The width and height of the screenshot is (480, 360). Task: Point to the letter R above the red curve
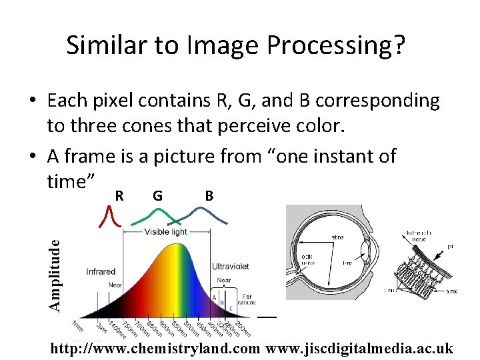pyautogui.click(x=119, y=196)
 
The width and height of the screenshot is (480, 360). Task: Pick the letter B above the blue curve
pyautogui.click(x=209, y=196)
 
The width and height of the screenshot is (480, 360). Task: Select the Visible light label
pyautogui.click(x=167, y=232)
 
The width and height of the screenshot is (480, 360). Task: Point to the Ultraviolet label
pyautogui.click(x=230, y=266)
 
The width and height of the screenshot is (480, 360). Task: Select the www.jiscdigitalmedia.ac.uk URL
pyautogui.click(x=359, y=349)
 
